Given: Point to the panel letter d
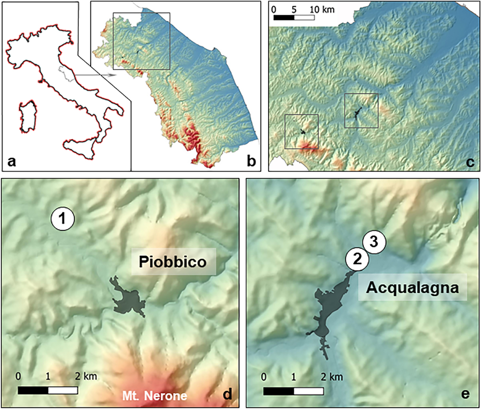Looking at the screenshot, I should (x=227, y=394).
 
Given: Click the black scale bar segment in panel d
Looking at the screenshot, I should (x=33, y=390).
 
